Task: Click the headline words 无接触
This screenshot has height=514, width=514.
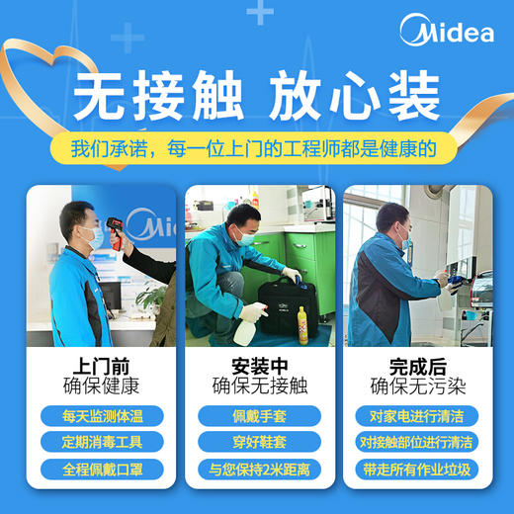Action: (143, 99)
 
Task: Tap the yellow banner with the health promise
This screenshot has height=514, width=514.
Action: (256, 148)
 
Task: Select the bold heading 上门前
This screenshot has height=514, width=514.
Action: (96, 364)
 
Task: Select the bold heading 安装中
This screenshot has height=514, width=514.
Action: (256, 364)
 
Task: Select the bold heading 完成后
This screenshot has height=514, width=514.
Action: (415, 364)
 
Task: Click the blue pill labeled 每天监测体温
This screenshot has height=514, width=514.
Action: (96, 415)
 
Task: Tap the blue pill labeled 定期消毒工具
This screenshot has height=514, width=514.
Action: (96, 442)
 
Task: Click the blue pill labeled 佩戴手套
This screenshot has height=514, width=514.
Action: (256, 415)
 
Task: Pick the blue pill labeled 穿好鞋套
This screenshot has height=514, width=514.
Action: (256, 442)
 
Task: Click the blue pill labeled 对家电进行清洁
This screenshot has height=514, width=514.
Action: (415, 415)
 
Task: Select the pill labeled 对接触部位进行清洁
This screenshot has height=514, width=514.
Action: (415, 442)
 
